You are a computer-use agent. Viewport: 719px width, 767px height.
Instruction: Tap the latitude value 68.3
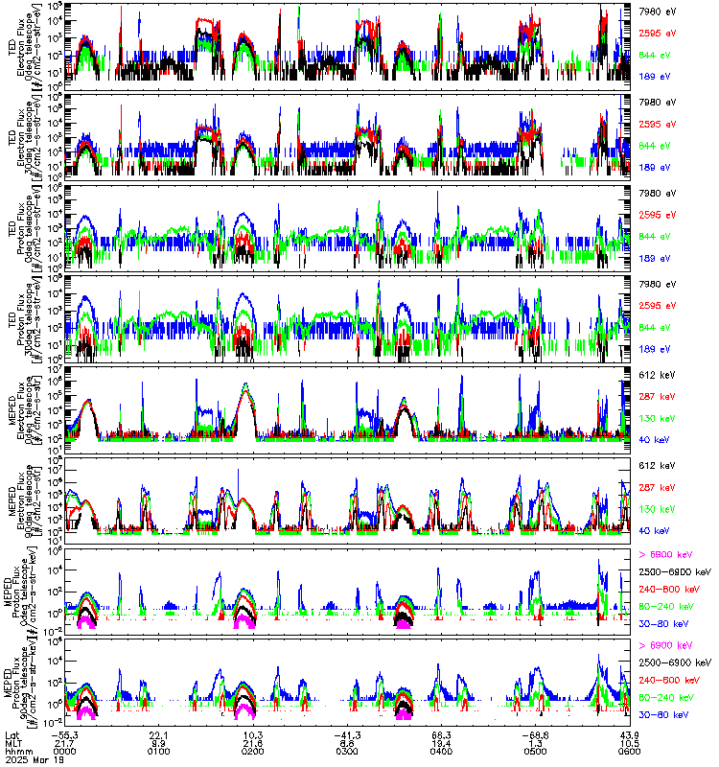(441, 732)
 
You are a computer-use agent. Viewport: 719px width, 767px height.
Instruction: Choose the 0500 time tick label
(534, 749)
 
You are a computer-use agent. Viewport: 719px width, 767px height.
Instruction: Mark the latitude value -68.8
(534, 732)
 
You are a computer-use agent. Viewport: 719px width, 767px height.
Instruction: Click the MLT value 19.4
(441, 740)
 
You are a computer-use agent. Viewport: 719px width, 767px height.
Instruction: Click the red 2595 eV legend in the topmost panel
(657, 33)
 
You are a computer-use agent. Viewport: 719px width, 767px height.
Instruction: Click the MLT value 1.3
(534, 740)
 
